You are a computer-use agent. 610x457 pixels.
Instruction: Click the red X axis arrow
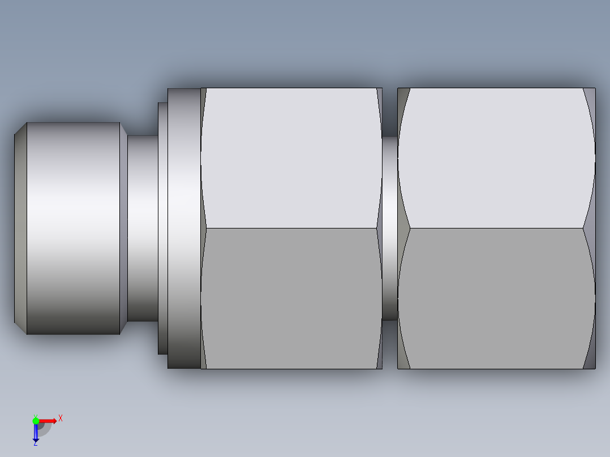point(49,421)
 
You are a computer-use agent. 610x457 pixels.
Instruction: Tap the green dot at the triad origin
point(36,420)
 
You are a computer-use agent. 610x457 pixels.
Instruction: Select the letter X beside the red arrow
point(61,419)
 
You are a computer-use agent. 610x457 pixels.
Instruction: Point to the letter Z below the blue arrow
point(35,443)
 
